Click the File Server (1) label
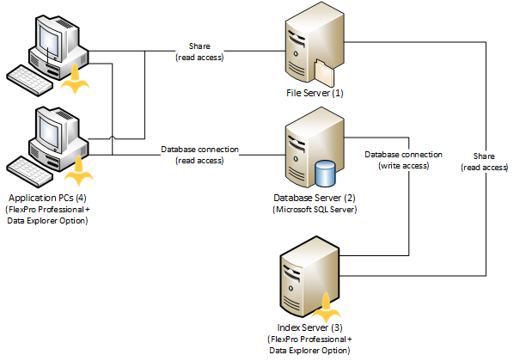click(315, 93)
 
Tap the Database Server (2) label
click(315, 198)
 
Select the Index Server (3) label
click(309, 327)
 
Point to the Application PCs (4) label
click(47, 198)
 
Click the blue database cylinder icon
click(325, 173)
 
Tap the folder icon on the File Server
click(323, 73)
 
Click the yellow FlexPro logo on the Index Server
click(326, 308)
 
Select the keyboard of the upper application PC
click(29, 80)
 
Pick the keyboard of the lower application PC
click(29, 172)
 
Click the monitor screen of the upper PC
click(49, 41)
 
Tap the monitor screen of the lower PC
click(49, 133)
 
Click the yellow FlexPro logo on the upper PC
click(75, 79)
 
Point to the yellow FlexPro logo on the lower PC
click(79, 171)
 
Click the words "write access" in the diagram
click(405, 166)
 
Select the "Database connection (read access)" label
click(199, 155)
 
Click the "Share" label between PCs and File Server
click(199, 46)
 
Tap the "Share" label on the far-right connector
click(484, 156)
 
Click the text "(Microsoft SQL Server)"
click(315, 210)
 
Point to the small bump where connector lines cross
click(113, 138)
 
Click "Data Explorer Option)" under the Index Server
click(309, 351)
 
